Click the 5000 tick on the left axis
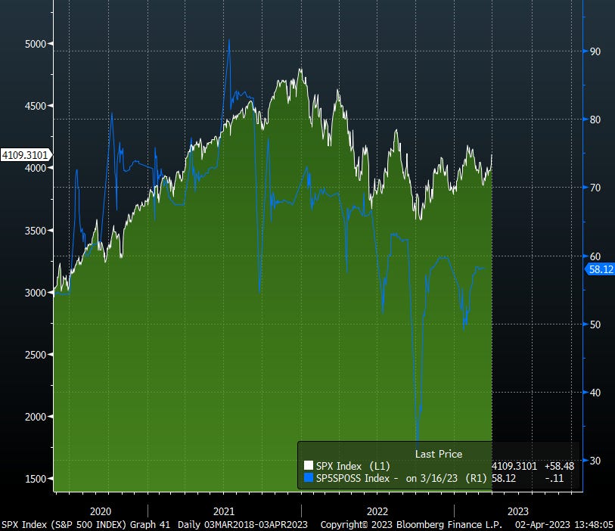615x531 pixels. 36,44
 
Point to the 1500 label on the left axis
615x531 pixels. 36,478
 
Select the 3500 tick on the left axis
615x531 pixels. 36,230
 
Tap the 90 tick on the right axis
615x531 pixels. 595,51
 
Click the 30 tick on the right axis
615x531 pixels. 595,460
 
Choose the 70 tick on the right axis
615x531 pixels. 595,187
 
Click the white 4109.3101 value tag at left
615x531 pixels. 25,155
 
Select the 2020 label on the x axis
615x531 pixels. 101,511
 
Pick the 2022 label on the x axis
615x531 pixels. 376,511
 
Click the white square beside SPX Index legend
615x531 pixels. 308,466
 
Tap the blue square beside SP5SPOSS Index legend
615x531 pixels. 308,478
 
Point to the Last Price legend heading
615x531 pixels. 438,454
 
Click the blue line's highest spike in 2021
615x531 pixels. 229,40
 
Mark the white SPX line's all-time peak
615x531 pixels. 300,70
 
